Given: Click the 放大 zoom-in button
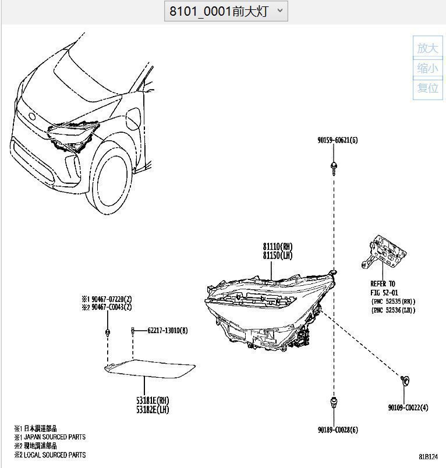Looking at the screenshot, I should coord(428,48).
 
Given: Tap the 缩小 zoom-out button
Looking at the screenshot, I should coord(428,69).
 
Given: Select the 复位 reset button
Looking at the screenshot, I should coord(428,88).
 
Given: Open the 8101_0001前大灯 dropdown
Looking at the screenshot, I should coord(226,11).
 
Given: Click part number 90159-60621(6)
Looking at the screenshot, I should coord(338,140).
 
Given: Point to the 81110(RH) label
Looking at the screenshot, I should coord(277,247).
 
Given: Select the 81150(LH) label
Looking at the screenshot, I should coord(277,256).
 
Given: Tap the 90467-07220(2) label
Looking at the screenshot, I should coord(109,299).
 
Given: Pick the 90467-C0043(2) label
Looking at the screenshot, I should coord(109,307).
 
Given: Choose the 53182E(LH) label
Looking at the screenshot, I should coord(153,410).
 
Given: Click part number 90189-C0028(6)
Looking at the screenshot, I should coord(338,430).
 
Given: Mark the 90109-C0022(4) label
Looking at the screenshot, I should coord(408,407).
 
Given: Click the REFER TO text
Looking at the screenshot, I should coord(383,283).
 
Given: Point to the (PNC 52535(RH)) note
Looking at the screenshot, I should coord(393,301).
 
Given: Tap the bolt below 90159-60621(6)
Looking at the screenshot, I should coord(334,167).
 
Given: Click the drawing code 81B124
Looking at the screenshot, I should coord(428,457).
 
